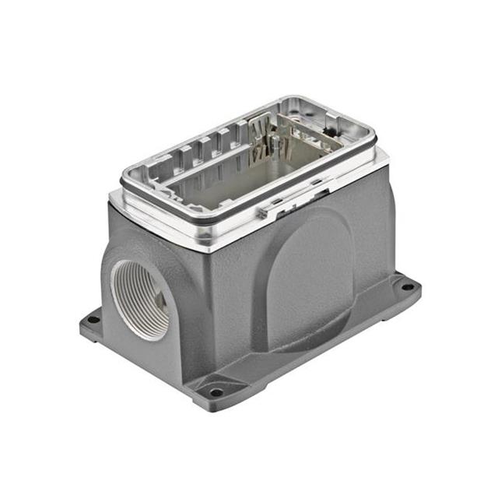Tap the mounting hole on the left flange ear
click(x=93, y=319)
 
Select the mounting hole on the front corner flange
click(x=216, y=391)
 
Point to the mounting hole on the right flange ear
click(x=406, y=286)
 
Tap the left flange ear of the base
click(x=90, y=322)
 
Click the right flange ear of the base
click(x=405, y=289)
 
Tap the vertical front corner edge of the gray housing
click(x=206, y=311)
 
